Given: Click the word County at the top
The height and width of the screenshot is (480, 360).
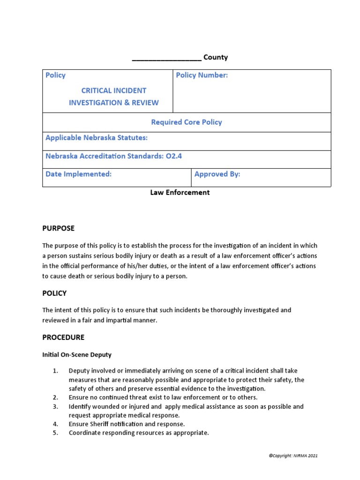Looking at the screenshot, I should pos(215,57).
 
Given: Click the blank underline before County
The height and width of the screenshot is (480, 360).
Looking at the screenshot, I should pos(166,59).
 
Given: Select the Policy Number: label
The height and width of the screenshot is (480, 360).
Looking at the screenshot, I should pos(202,75).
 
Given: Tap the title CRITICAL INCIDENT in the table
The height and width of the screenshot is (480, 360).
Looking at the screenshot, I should pos(113,90).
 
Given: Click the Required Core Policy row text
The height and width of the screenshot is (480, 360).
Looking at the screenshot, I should pos(186,122).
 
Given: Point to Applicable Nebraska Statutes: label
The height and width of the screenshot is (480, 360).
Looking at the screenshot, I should pos(97,138).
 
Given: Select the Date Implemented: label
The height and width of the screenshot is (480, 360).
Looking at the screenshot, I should pos(78,174).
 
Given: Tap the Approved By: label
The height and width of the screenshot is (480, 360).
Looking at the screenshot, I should pos(217,174).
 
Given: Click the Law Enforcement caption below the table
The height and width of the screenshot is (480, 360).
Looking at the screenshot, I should pos(180,192).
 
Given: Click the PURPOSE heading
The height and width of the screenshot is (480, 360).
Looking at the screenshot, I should pos(58,228).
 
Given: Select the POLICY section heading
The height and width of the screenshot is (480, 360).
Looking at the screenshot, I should pos(54,293).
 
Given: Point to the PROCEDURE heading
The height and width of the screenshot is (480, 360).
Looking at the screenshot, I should pos(63,337).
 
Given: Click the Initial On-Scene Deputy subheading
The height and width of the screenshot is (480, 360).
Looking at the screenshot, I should pos(77,355).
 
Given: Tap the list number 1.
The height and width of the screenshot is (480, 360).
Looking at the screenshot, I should pos(55,371).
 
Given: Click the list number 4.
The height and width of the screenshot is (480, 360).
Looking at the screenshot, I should pos(55,424).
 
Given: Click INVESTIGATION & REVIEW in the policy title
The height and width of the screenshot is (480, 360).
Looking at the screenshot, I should pos(113,103).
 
